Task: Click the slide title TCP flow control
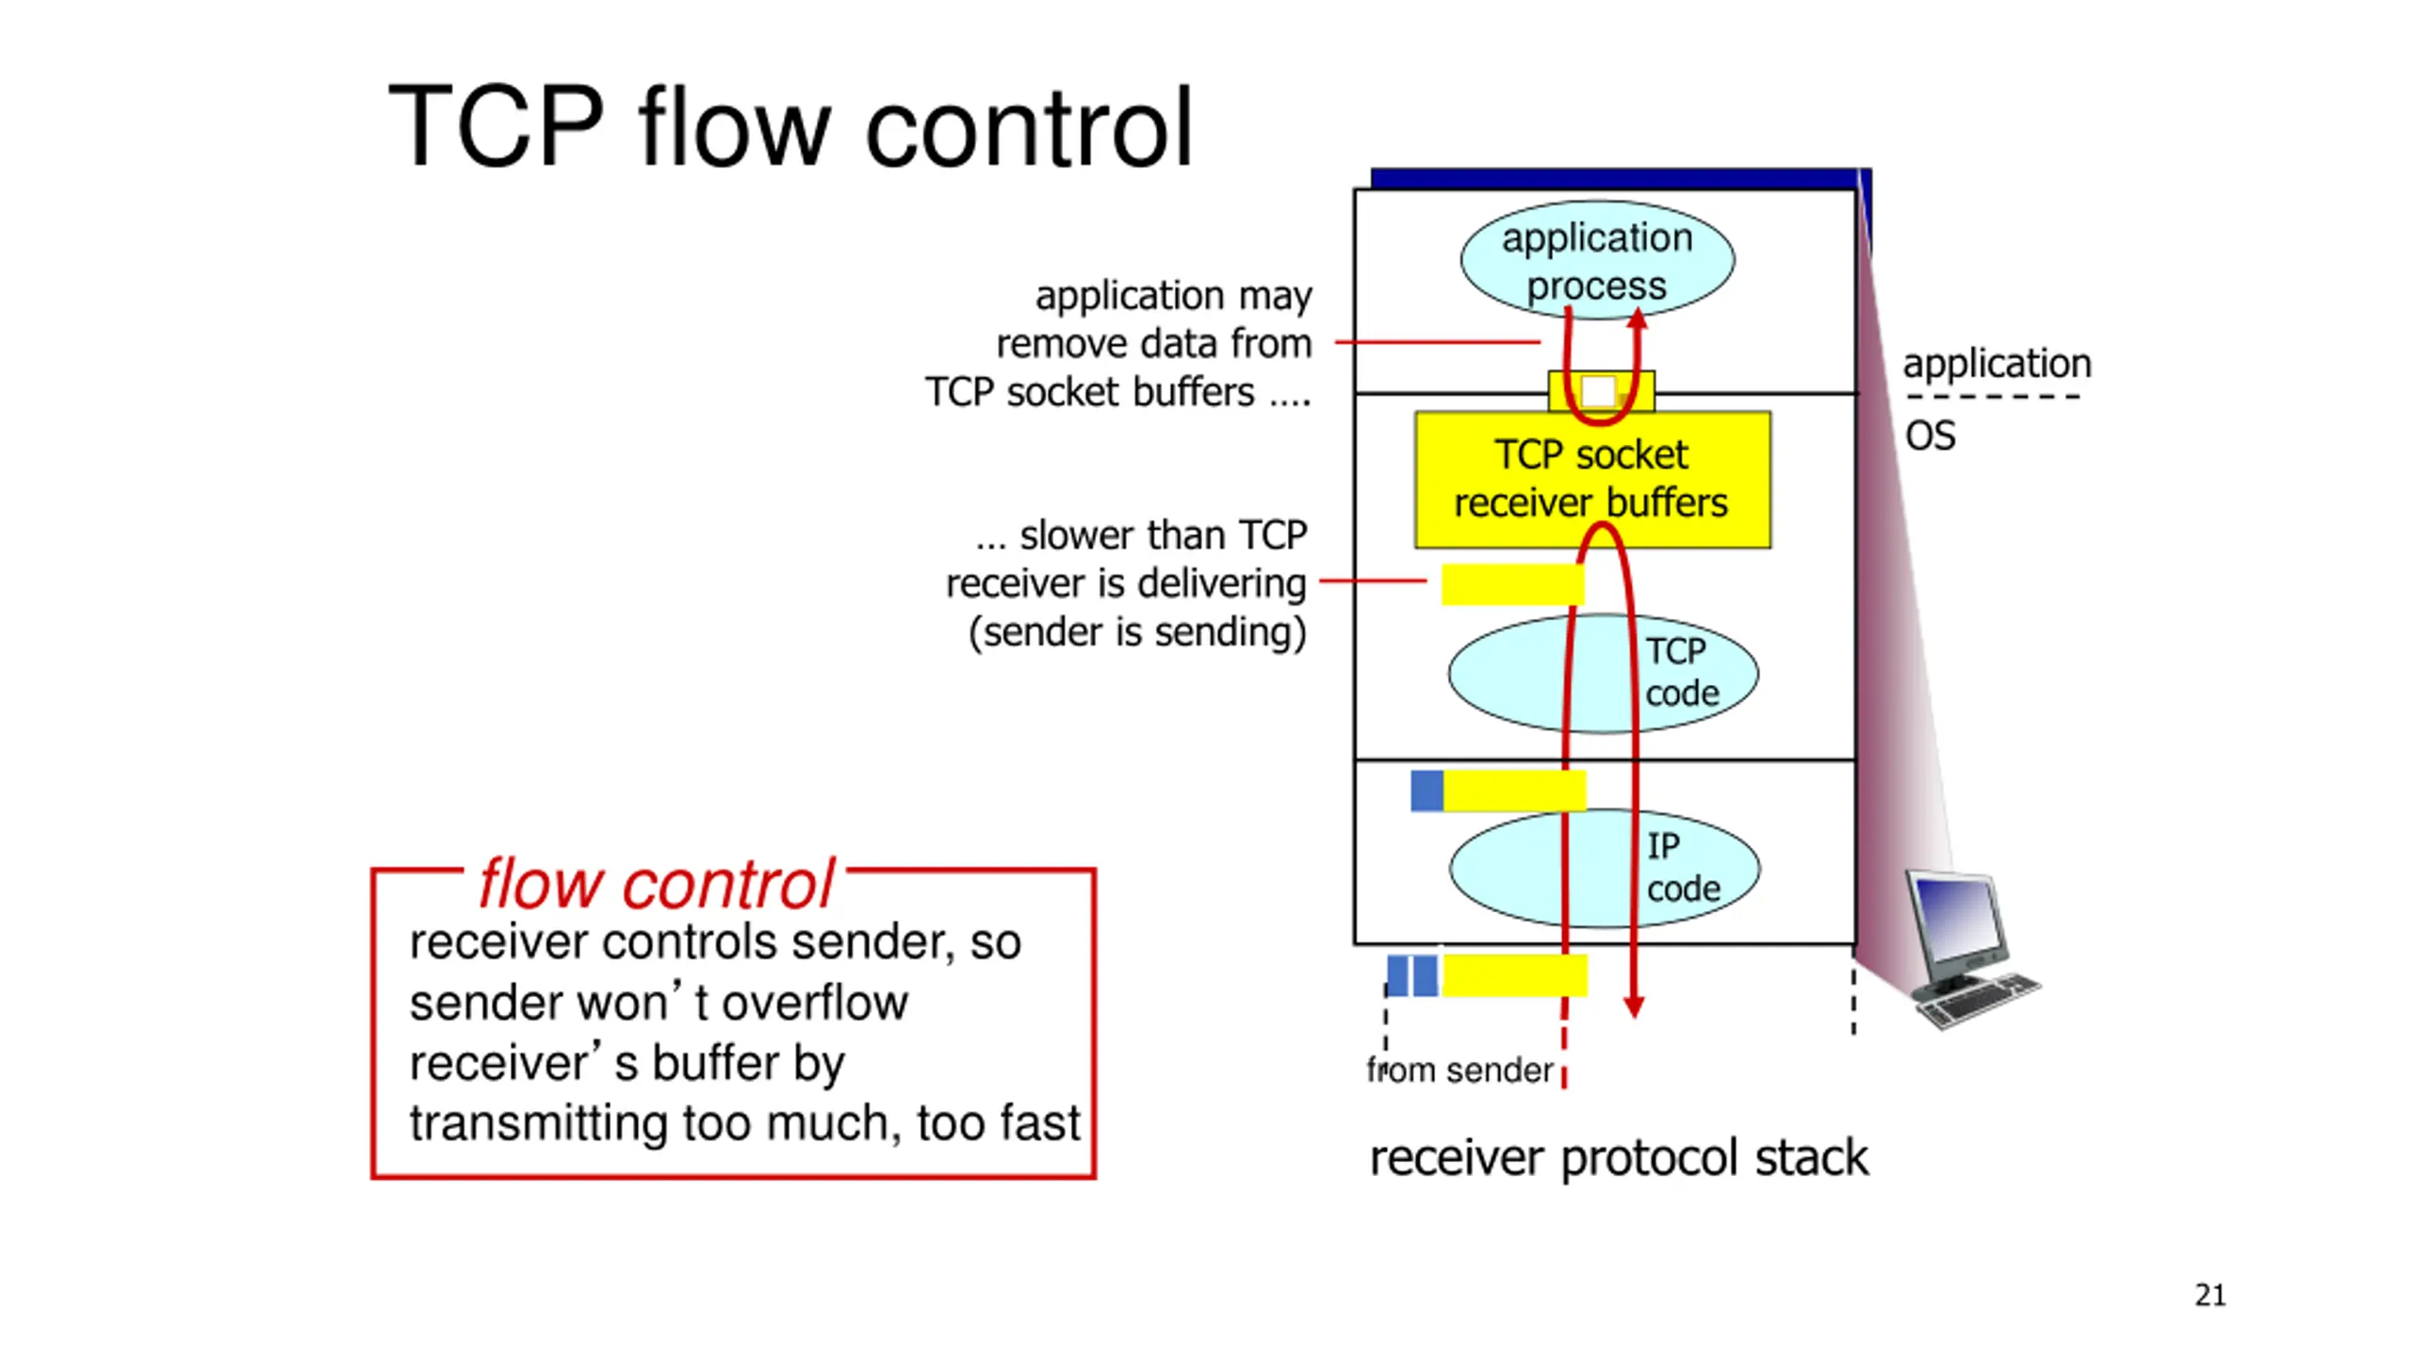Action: coord(790,126)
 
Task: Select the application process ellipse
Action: coord(1597,259)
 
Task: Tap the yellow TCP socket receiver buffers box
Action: coord(1592,480)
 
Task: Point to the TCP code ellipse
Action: coord(1603,673)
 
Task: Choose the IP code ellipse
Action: coord(1604,868)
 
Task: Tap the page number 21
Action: coord(2210,1296)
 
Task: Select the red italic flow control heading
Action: coord(657,885)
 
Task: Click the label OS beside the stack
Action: coord(1931,435)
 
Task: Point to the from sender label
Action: coord(1459,1071)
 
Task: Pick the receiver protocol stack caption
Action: coord(1619,1158)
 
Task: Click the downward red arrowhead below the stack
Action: coord(1634,1006)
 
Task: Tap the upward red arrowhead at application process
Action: coord(1638,319)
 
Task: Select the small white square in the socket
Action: coord(1598,391)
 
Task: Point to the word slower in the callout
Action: coord(1076,535)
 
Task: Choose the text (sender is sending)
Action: coord(1137,632)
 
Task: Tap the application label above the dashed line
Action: coord(1996,365)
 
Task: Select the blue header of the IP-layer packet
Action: coord(1426,791)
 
